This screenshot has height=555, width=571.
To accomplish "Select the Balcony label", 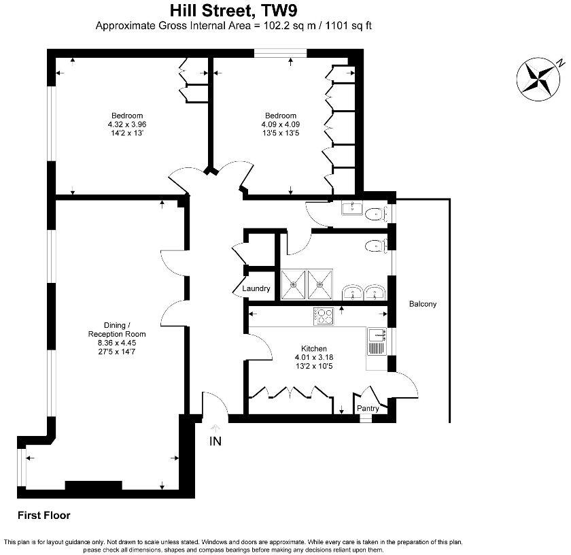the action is (x=422, y=304).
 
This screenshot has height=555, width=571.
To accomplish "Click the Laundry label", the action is (x=256, y=288).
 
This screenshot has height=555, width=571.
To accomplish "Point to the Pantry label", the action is (x=368, y=408).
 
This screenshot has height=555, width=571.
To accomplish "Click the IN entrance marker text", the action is (x=215, y=441).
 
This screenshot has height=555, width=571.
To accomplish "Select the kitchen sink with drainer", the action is (x=376, y=344).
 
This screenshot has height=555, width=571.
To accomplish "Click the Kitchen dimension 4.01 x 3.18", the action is (x=314, y=357).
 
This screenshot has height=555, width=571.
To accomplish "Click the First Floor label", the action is (x=44, y=516).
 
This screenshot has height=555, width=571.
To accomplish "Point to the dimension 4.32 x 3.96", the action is (x=127, y=124).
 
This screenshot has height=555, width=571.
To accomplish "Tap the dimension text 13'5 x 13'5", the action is (x=281, y=133).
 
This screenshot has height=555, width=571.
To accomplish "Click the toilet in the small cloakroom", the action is (x=374, y=214).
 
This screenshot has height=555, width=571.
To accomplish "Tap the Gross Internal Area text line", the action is (x=235, y=27).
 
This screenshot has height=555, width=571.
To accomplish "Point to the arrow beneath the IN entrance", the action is (x=215, y=428).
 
